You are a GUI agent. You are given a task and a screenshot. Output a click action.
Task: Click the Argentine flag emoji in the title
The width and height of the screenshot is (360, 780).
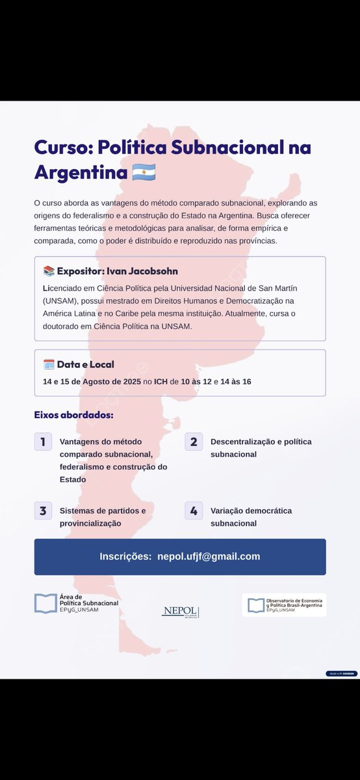(x=144, y=173)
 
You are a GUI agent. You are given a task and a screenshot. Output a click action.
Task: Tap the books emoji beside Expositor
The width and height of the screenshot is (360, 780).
(x=49, y=271)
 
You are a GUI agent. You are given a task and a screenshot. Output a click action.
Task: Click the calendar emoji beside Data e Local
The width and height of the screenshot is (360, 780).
(x=49, y=365)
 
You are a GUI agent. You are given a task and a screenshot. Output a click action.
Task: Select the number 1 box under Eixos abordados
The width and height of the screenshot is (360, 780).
(x=43, y=442)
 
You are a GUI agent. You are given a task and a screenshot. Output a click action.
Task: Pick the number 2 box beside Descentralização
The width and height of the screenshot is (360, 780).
(x=194, y=442)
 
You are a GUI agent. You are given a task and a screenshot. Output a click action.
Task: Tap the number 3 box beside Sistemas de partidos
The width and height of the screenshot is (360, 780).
(x=43, y=510)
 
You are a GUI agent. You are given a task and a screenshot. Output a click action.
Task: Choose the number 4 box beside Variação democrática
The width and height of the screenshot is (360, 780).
(x=194, y=510)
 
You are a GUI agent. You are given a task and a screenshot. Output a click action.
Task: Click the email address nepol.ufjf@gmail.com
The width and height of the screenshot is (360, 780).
(x=209, y=556)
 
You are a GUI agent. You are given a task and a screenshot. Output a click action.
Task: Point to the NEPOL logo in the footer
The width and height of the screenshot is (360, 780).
(x=180, y=612)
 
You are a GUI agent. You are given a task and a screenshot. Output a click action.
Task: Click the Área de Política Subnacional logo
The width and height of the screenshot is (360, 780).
(x=76, y=604)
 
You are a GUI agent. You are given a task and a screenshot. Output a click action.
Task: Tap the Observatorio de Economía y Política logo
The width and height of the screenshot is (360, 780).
(x=284, y=605)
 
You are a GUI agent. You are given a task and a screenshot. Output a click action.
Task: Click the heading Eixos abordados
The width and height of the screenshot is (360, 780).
(x=73, y=415)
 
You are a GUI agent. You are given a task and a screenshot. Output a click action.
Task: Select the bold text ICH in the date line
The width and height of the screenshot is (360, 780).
(x=161, y=382)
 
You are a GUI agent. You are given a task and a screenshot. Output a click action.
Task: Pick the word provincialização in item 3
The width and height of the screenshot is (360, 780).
(x=90, y=523)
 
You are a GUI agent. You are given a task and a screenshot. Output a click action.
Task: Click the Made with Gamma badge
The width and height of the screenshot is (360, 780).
(x=341, y=673)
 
